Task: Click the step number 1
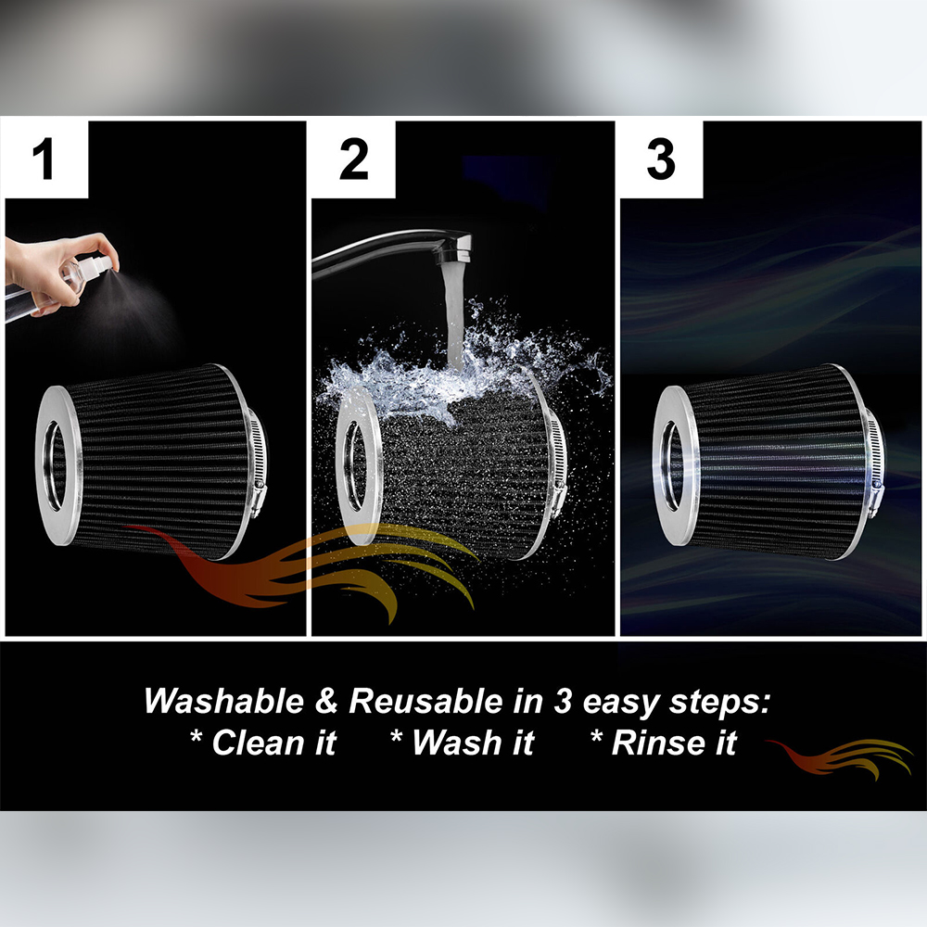pyautogui.click(x=44, y=159)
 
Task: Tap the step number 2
pyautogui.click(x=353, y=159)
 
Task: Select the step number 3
pyautogui.click(x=660, y=159)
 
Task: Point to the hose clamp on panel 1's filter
pyautogui.click(x=257, y=463)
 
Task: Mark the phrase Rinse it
pyautogui.click(x=664, y=743)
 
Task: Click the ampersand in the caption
pyautogui.click(x=326, y=702)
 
